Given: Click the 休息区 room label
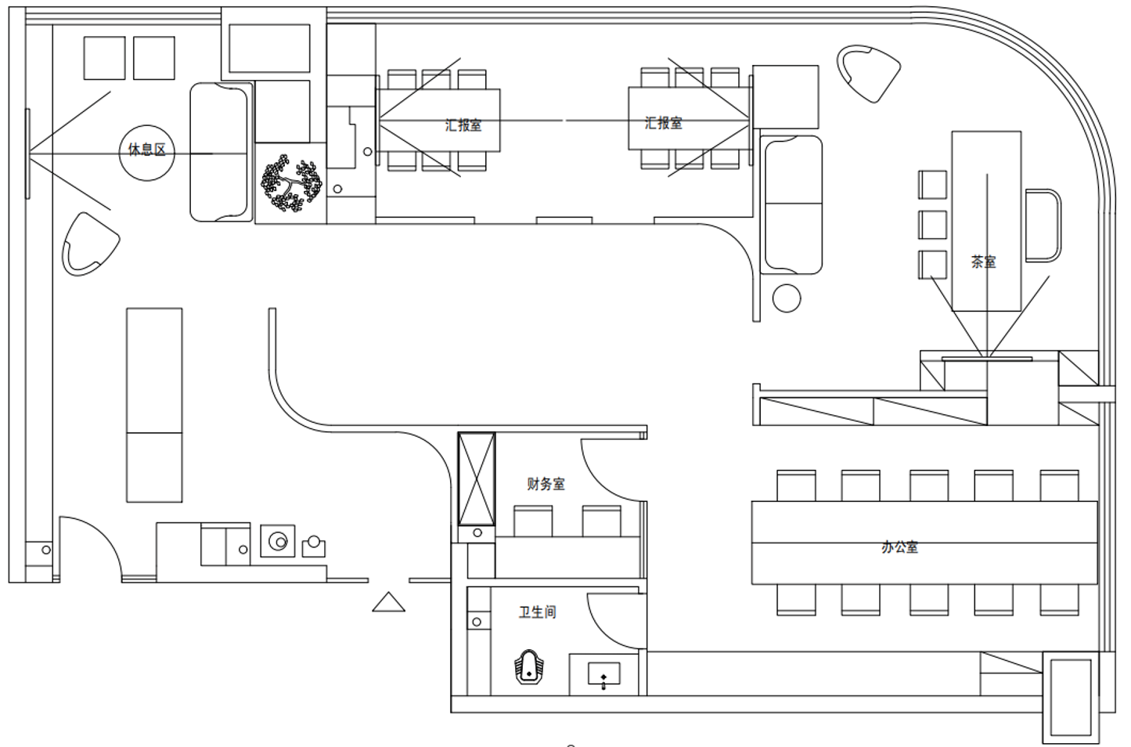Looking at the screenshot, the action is tap(147, 150).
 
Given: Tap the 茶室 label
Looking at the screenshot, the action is tap(984, 262).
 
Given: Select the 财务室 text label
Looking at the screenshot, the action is tap(546, 484).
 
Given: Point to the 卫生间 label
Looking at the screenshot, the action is tap(538, 612).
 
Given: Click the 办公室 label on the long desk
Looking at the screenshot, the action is tap(900, 547).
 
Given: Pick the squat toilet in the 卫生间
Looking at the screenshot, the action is tap(528, 666).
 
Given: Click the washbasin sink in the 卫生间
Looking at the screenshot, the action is tap(604, 675).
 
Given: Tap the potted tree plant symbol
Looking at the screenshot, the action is tap(291, 183).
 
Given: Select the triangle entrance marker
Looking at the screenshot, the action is tap(388, 602).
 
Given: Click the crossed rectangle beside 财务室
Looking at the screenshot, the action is tap(476, 478).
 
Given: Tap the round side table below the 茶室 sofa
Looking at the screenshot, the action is tap(786, 298).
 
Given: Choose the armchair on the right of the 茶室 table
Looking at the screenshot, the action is tap(1043, 226).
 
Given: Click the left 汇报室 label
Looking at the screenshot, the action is tap(463, 125).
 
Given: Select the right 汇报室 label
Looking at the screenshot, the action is tap(664, 123).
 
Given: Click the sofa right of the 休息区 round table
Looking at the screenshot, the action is tap(221, 152).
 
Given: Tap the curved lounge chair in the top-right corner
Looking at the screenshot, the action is tap(869, 74).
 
